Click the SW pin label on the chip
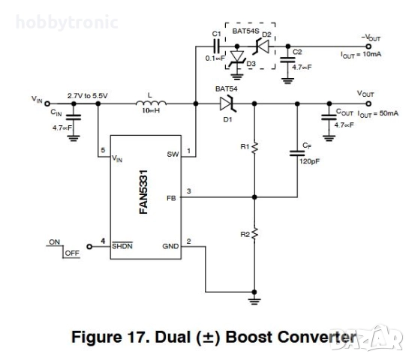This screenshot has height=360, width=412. tap(172, 154)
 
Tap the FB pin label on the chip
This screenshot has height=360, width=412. tap(172, 199)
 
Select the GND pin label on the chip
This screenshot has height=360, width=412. tap(170, 246)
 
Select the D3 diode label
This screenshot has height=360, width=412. tap(251, 65)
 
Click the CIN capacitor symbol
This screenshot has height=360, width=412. tap(74, 116)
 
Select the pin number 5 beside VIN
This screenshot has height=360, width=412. tap(103, 151)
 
